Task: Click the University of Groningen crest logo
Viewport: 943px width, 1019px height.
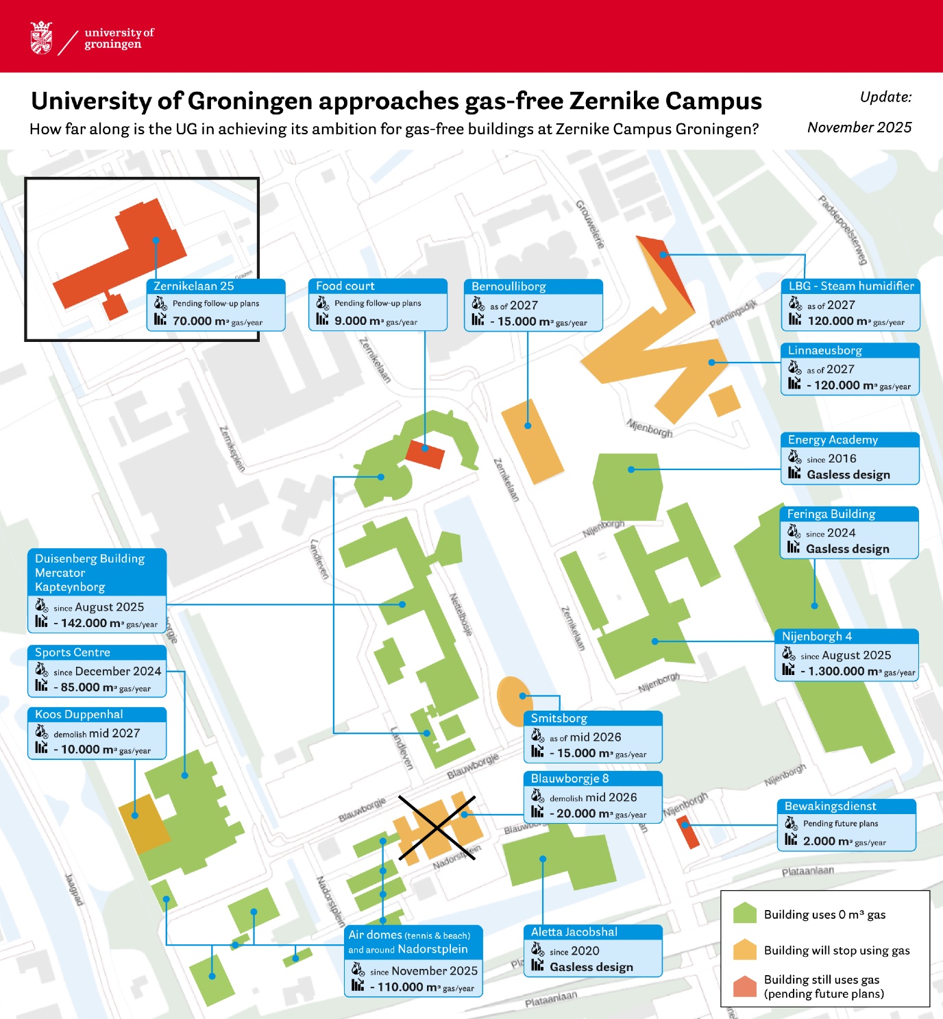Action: tap(41, 38)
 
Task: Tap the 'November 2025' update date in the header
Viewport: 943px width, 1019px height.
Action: tap(859, 127)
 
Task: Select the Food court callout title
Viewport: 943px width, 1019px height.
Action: tap(345, 286)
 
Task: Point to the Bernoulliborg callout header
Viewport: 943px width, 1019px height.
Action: tap(509, 286)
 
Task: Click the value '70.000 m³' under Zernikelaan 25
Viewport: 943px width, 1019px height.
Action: tap(200, 321)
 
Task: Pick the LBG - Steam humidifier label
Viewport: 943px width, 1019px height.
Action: tap(850, 286)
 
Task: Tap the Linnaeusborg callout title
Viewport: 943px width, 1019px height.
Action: tap(824, 350)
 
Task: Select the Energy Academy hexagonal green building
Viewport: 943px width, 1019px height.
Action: tap(627, 485)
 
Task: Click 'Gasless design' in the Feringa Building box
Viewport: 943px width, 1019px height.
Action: tap(847, 549)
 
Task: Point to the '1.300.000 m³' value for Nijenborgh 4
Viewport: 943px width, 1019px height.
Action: tap(840, 672)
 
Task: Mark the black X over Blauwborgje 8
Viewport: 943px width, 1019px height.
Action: tap(437, 827)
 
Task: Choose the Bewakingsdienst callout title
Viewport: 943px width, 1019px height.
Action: tap(830, 806)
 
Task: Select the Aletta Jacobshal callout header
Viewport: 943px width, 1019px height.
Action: tap(574, 932)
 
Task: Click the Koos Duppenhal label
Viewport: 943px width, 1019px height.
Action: tap(79, 714)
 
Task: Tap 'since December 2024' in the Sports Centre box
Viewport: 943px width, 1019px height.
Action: tap(107, 672)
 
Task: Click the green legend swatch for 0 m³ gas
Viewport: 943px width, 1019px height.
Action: tap(744, 914)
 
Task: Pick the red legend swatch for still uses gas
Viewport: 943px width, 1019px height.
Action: tap(744, 986)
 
